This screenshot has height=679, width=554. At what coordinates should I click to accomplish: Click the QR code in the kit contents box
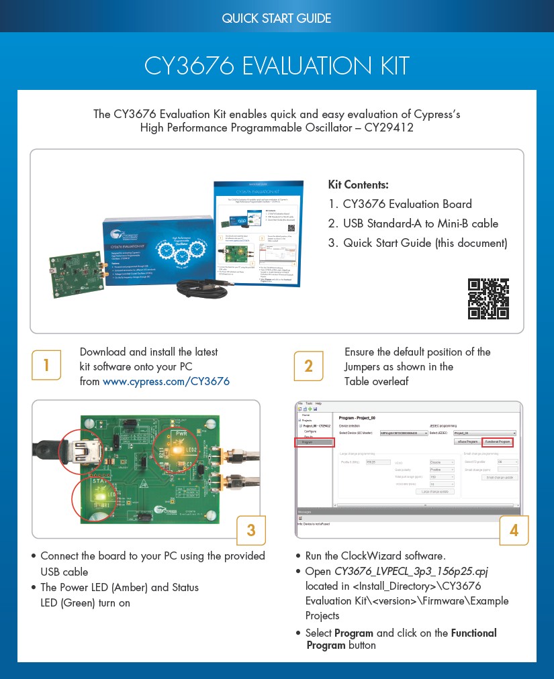[488, 299]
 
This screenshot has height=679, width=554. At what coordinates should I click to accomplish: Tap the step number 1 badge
[46, 366]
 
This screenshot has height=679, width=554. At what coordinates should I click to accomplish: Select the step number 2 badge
[308, 366]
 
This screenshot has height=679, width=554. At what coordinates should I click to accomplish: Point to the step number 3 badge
[251, 530]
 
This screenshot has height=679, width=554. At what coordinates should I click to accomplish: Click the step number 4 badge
[514, 530]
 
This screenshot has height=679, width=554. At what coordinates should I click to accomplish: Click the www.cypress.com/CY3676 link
[166, 382]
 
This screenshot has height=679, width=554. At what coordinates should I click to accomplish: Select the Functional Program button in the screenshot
[498, 442]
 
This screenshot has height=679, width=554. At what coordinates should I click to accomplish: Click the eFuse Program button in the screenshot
[467, 442]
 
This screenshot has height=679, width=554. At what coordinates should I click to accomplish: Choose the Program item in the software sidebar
[315, 442]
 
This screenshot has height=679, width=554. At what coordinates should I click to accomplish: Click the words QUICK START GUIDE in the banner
[277, 18]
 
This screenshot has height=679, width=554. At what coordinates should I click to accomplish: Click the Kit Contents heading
[359, 185]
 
